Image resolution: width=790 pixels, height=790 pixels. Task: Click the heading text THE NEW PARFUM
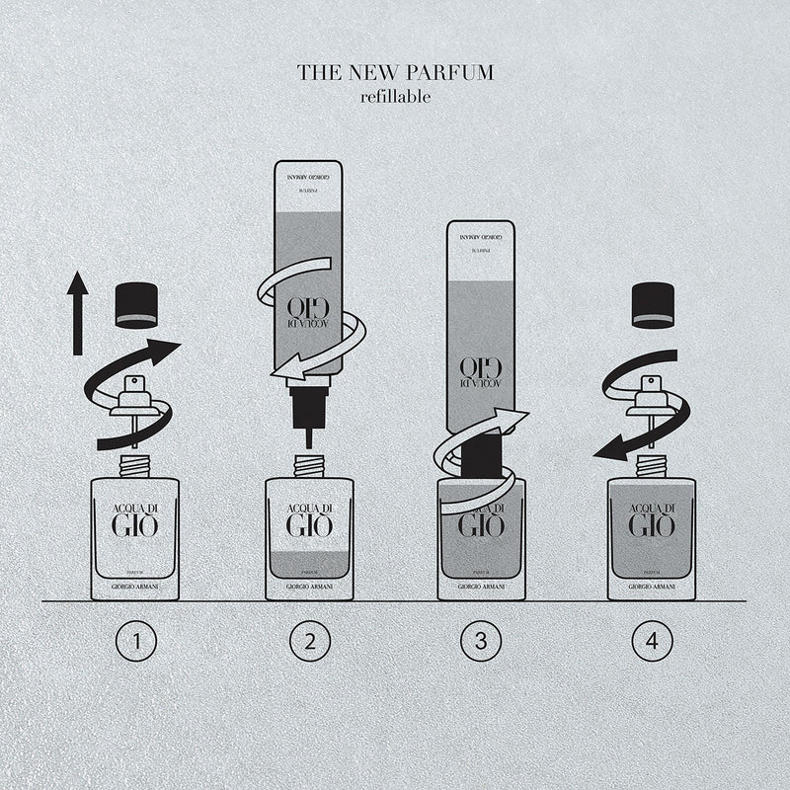click(x=395, y=73)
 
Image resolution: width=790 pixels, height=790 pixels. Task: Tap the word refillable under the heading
click(x=395, y=97)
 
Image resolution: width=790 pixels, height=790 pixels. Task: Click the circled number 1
click(x=136, y=643)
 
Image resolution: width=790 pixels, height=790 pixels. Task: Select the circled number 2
click(x=309, y=643)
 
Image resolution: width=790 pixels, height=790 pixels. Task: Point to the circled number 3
click(x=481, y=643)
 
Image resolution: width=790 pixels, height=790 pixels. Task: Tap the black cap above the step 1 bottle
click(x=135, y=306)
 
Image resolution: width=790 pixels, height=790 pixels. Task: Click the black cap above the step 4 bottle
click(x=652, y=304)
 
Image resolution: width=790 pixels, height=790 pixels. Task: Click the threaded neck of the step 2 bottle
click(x=309, y=463)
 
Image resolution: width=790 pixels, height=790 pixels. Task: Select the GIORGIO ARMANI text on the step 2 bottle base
click(x=309, y=588)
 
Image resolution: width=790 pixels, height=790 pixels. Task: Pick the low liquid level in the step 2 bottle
click(x=309, y=564)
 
